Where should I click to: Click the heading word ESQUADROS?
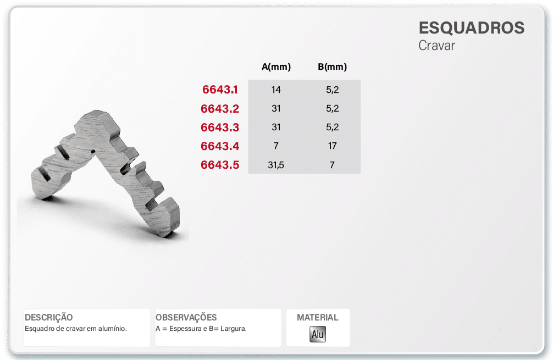pyautogui.click(x=472, y=28)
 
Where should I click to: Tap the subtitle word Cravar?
pyautogui.click(x=436, y=46)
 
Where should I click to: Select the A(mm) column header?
pyautogui.click(x=276, y=67)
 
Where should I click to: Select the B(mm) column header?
pyautogui.click(x=332, y=67)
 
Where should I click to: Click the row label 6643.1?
pyautogui.click(x=220, y=90)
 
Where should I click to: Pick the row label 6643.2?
pyautogui.click(x=220, y=109)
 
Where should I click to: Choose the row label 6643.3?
pyautogui.click(x=220, y=128)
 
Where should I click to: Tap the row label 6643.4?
pyautogui.click(x=220, y=146)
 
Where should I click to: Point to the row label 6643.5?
pyautogui.click(x=220, y=165)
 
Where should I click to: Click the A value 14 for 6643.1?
pyautogui.click(x=276, y=90)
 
